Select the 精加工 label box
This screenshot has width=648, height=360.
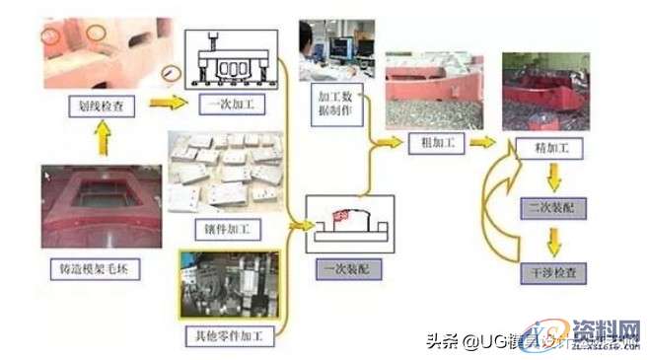[x=546, y=146]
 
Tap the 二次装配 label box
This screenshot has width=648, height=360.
[x=545, y=209]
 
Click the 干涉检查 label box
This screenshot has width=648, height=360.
[x=545, y=270]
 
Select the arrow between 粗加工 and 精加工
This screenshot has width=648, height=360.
[x=482, y=142]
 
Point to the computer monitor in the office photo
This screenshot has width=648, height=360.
[x=348, y=44]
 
